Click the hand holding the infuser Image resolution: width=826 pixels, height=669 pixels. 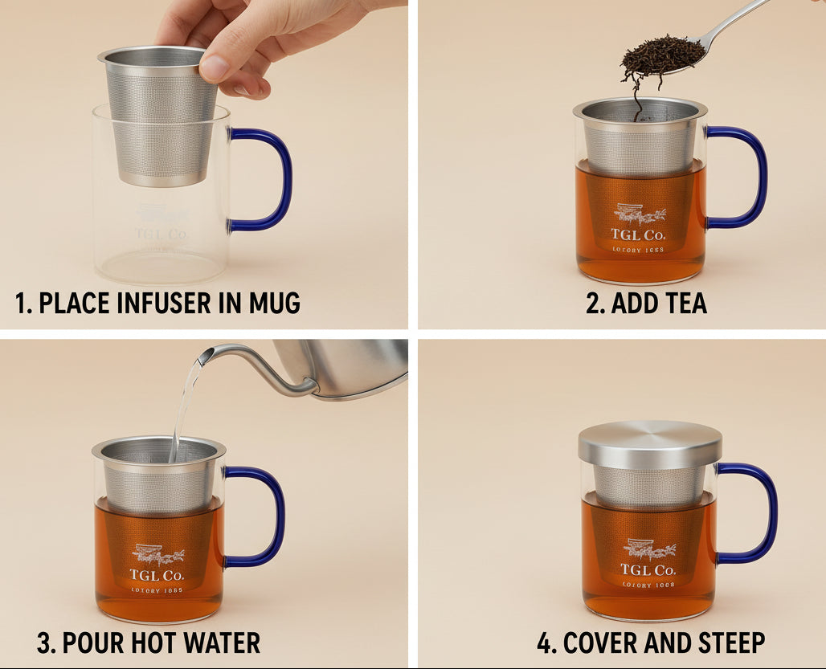pos(241,40)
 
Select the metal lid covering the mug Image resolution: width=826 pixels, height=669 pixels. pos(649,444)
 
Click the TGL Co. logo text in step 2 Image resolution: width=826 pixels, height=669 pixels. pos(638,235)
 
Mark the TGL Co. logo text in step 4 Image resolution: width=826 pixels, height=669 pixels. pos(648,570)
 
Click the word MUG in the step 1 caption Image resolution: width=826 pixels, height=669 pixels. pos(271,304)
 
